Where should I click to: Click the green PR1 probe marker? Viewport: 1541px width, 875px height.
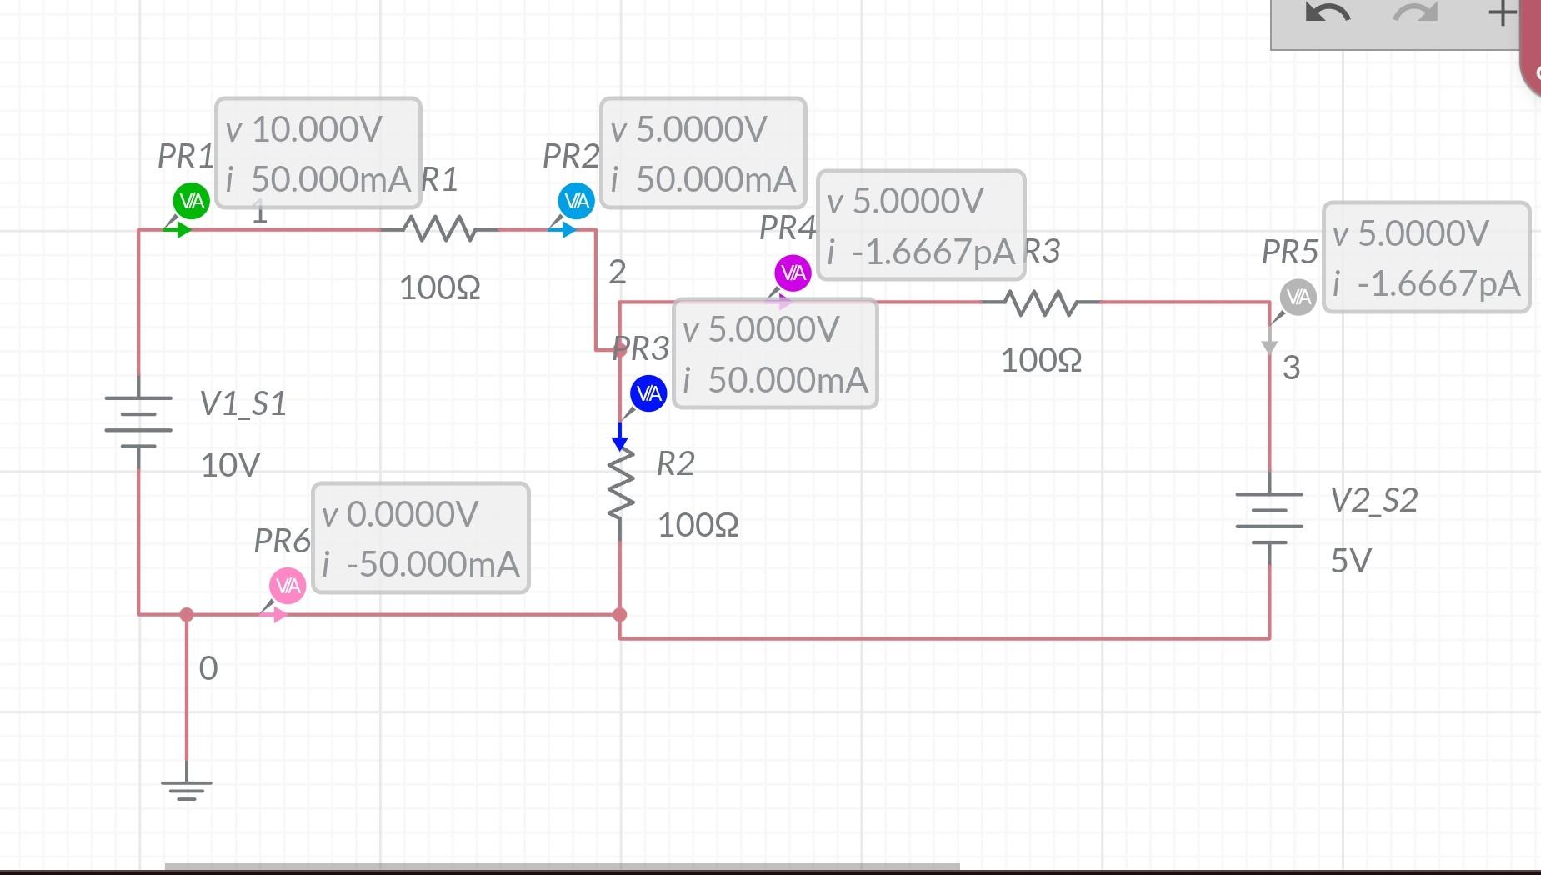(x=191, y=201)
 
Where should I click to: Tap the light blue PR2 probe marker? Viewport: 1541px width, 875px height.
(x=576, y=201)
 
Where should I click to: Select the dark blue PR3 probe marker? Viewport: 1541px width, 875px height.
(x=648, y=393)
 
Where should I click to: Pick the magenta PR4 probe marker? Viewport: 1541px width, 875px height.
(x=793, y=272)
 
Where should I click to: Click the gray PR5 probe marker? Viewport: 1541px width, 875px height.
(x=1298, y=297)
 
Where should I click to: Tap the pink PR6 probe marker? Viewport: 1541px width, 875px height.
(x=288, y=586)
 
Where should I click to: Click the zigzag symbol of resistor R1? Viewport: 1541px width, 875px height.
(x=439, y=228)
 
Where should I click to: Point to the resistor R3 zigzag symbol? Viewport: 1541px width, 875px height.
(x=1041, y=302)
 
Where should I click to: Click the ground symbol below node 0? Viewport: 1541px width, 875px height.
(x=187, y=787)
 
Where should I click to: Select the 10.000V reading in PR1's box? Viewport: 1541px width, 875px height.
(x=316, y=129)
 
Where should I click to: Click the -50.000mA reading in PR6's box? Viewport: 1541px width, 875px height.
(x=432, y=564)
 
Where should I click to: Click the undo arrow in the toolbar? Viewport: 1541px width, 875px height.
(x=1327, y=14)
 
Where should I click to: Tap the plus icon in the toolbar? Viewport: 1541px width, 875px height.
(x=1502, y=13)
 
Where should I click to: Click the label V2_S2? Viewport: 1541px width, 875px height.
(x=1373, y=500)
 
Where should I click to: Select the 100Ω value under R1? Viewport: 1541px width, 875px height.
(x=439, y=287)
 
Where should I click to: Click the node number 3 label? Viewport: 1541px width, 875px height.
(x=1291, y=367)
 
